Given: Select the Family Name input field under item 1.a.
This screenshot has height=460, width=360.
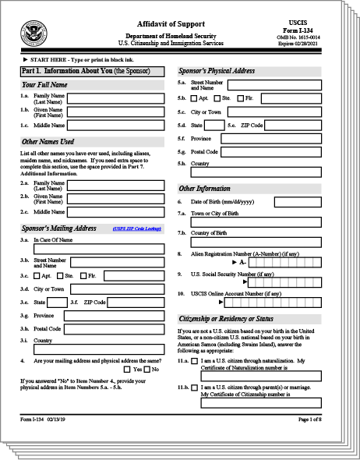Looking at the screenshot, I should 117,98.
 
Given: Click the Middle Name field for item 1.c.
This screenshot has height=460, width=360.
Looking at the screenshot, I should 117,125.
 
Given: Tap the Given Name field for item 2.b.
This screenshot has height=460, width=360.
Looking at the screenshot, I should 117,199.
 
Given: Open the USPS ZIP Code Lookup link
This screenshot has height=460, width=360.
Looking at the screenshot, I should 138,229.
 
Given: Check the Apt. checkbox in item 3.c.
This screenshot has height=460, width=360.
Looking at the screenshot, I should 37,275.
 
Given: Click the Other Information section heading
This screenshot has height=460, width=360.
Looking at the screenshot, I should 204,188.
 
